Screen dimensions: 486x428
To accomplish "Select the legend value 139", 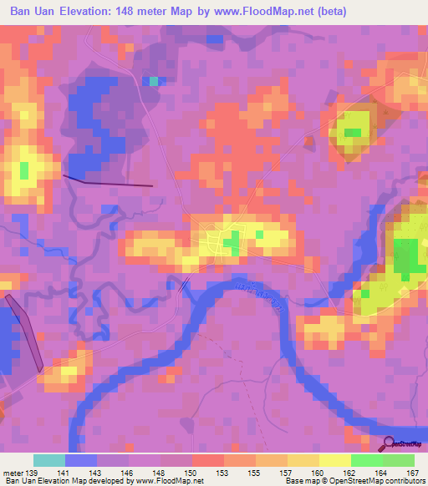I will (x=28, y=473).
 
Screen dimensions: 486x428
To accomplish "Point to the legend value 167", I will (x=411, y=473).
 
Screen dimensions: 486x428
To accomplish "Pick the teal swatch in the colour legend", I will (x=49, y=460).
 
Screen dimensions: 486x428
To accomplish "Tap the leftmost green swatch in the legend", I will (x=367, y=460).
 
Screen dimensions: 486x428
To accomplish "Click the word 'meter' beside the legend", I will (x=12, y=473).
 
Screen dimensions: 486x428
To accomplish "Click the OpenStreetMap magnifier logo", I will (x=389, y=443).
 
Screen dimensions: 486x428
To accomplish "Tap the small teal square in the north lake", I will (x=153, y=81).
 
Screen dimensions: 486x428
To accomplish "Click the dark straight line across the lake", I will (x=109, y=181).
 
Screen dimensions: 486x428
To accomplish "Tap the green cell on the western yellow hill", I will (x=24, y=170).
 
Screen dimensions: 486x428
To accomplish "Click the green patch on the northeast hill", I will (x=353, y=132).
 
